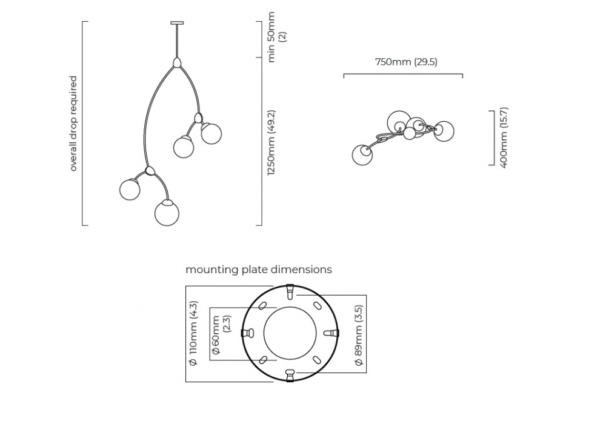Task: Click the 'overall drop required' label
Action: coord(73,124)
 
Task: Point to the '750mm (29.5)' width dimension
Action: coord(406,62)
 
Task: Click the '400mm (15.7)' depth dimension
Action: coord(504,137)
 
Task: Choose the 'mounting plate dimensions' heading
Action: coord(259,270)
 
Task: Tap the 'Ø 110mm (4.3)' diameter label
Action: coord(193,334)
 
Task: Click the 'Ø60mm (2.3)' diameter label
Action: coord(221,334)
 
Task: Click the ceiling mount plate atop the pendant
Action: coord(177,24)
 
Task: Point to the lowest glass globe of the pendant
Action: coord(167,213)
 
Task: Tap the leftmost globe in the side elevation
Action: coord(130,189)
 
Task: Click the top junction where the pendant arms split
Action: coord(176,62)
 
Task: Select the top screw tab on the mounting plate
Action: coord(290,292)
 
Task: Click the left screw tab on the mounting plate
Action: coord(248,333)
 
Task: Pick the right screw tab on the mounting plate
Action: coord(331,333)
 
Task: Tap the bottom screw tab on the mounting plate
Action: coord(290,375)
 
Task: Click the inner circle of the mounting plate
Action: coord(290,333)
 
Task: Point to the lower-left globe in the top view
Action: coord(362,154)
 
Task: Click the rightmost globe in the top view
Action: coord(444,131)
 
